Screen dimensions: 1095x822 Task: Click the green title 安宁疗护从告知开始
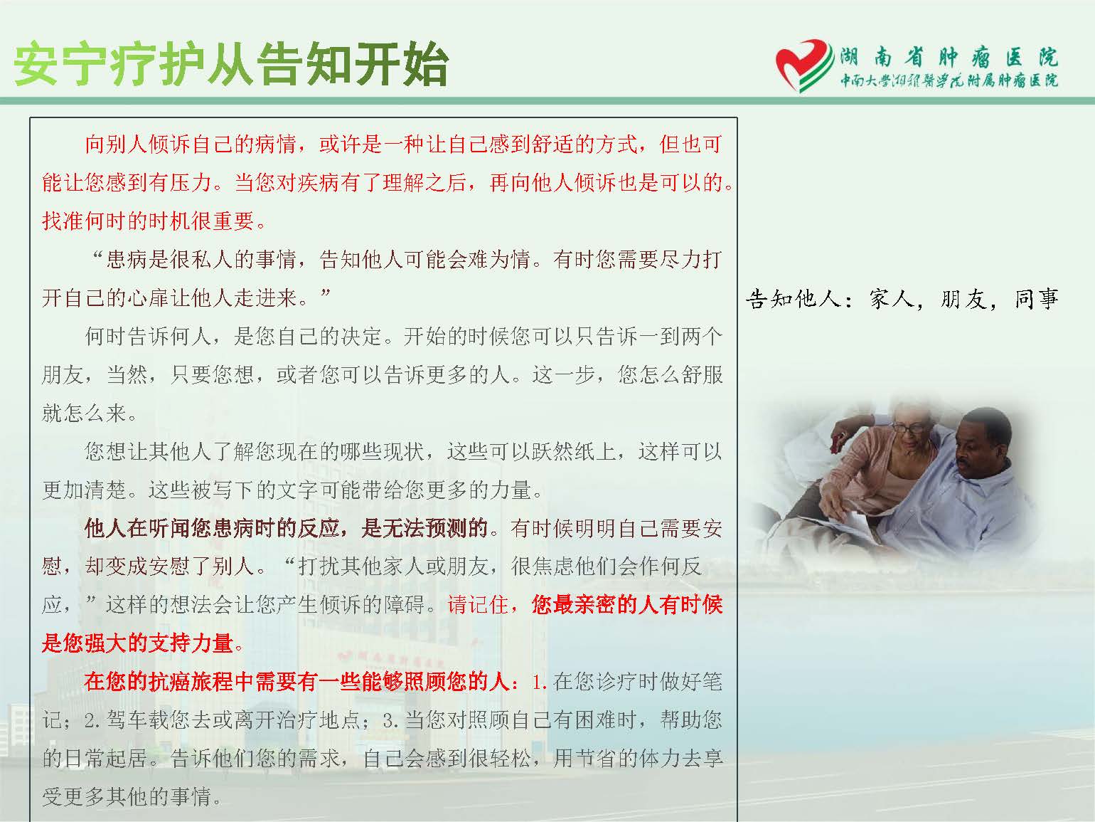click(x=230, y=64)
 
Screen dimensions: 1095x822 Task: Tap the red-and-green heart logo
click(x=803, y=65)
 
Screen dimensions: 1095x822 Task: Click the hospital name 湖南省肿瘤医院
click(x=949, y=58)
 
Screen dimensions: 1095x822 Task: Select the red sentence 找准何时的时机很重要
click(x=154, y=221)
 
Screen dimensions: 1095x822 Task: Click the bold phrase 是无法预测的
click(x=424, y=528)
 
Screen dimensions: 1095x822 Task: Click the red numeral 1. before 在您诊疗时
click(x=539, y=683)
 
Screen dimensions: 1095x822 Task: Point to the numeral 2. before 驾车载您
click(x=92, y=721)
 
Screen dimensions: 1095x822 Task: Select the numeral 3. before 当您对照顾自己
click(x=390, y=721)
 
